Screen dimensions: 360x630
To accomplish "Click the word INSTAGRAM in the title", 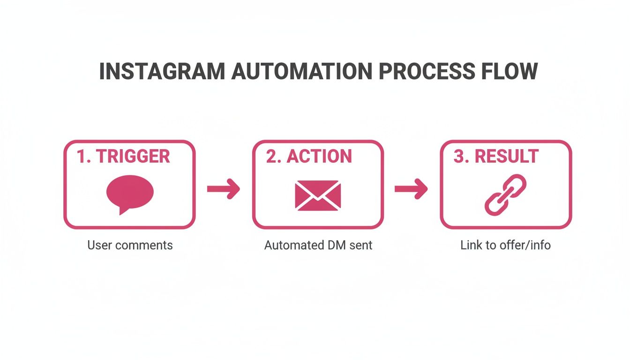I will pos(161,71).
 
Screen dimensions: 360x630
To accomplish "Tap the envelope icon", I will pos(318,195).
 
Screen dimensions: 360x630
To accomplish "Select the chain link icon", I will pos(505,195).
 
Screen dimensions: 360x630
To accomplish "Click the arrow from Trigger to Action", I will pos(224,189).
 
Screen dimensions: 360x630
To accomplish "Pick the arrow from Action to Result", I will pos(411,189).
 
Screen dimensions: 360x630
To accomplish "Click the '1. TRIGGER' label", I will pos(123,157).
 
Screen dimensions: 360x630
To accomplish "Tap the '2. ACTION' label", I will pos(309,157).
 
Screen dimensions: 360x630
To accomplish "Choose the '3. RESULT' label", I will pos(496,157).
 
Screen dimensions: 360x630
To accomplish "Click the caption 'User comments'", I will pos(130,245).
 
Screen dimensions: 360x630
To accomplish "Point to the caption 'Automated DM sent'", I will pos(318,245).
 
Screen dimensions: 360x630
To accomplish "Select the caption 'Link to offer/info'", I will pos(505,245).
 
